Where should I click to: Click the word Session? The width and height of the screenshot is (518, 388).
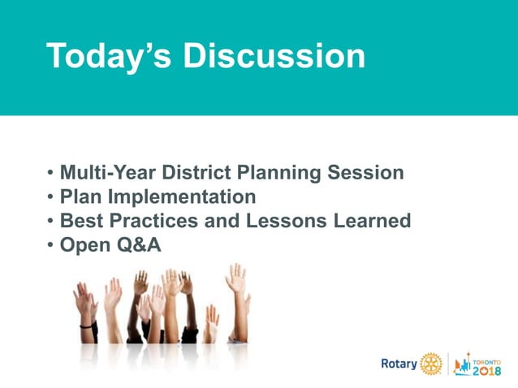366,173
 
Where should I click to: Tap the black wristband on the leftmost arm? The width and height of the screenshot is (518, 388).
86,324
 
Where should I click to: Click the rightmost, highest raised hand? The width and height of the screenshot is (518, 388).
236,278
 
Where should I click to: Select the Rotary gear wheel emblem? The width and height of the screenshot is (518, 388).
430,363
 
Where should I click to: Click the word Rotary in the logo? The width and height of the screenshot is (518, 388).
399,363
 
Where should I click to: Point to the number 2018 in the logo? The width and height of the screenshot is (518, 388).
486,369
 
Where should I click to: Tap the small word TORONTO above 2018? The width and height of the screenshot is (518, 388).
488,356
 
